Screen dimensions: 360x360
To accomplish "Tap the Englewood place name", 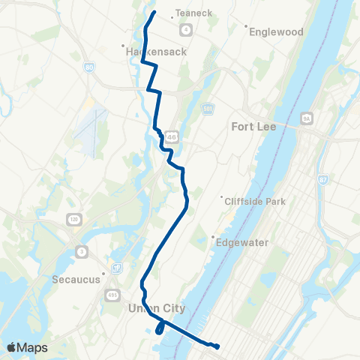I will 276,32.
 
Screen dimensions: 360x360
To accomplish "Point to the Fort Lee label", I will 254,126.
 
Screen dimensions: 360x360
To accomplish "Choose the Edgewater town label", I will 242,242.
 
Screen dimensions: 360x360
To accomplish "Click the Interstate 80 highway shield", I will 90,67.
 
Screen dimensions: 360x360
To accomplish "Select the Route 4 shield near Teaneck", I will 184,28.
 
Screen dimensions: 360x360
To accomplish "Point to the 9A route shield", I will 306,118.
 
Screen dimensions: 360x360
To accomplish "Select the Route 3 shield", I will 80,250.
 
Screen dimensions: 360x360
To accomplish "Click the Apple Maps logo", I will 26,347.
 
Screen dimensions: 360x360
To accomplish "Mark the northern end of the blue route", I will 154,12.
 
